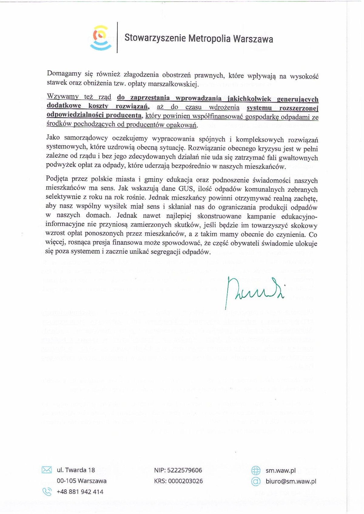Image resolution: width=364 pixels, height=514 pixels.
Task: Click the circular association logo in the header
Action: point(100,38)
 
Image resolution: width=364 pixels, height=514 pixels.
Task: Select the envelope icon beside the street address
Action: point(46,470)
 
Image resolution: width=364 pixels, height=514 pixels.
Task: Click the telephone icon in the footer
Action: point(47,492)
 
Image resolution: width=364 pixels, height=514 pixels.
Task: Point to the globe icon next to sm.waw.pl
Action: point(256,470)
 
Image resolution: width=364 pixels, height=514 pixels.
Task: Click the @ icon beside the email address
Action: point(256,481)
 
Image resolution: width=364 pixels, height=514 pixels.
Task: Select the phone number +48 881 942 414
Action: point(80,492)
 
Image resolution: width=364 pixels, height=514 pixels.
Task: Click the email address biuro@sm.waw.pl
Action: point(291,481)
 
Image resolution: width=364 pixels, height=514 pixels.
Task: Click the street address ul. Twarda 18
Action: point(76,470)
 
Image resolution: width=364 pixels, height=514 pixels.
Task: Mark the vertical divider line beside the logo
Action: point(117,38)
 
